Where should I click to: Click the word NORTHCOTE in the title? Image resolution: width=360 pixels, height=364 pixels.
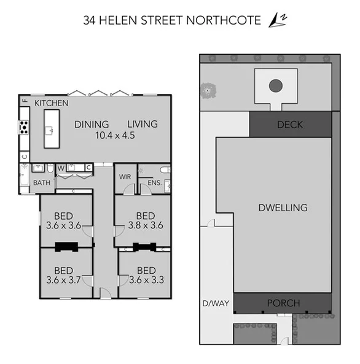click(x=230, y=20)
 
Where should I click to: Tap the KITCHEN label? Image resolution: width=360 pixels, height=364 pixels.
click(x=51, y=103)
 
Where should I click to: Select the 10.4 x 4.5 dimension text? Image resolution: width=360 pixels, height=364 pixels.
click(x=116, y=136)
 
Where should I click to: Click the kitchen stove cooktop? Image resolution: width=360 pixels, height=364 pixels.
click(x=24, y=128)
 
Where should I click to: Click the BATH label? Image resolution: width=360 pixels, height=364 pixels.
click(x=42, y=182)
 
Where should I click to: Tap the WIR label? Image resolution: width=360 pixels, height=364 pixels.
click(x=125, y=177)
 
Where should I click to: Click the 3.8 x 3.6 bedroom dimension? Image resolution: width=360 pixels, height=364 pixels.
click(x=146, y=225)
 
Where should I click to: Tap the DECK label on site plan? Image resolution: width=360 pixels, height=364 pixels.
click(x=290, y=125)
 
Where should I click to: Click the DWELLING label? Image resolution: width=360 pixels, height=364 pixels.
click(x=283, y=207)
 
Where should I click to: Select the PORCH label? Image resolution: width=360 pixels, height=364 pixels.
click(x=283, y=303)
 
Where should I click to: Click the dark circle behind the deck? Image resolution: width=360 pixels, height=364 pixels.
click(x=276, y=86)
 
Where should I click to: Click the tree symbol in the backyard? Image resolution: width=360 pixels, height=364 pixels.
click(x=209, y=91)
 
